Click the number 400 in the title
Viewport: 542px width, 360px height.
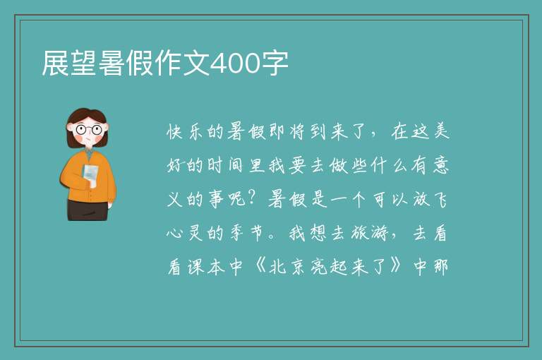(x=235, y=64)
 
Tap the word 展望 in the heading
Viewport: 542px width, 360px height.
(x=69, y=63)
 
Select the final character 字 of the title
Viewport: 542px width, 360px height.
(x=274, y=63)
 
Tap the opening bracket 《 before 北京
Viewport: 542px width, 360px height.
(x=259, y=266)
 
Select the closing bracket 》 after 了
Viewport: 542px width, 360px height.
(x=396, y=266)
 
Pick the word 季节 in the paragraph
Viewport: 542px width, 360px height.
(x=247, y=234)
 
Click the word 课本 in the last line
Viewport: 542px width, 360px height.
(x=206, y=267)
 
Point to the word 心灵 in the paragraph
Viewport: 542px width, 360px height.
(x=185, y=234)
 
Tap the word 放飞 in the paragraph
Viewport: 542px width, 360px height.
(x=430, y=200)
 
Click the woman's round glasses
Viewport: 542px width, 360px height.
(x=89, y=130)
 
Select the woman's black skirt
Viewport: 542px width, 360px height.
(x=87, y=210)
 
